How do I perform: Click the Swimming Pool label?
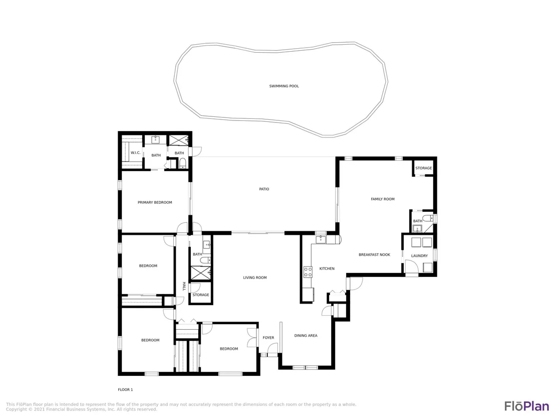tap(284, 86)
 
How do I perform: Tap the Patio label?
tap(264, 189)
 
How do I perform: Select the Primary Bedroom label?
tap(155, 202)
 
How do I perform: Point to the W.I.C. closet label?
tap(136, 153)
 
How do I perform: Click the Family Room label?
tap(383, 199)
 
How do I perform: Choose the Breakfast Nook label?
tap(375, 255)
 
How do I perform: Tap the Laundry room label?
tap(419, 256)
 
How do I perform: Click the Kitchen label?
tap(327, 269)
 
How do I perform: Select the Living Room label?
tap(255, 278)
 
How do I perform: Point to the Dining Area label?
tap(306, 336)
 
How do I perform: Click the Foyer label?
tap(268, 338)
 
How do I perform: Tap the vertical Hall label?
tap(184, 287)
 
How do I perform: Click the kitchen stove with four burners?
tap(308, 272)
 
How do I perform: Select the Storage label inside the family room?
tap(424, 169)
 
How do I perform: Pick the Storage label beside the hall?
tap(201, 295)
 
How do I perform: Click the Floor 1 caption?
tap(125, 390)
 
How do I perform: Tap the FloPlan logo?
tap(526, 406)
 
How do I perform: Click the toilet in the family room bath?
tap(427, 218)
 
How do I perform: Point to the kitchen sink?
tap(321, 239)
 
